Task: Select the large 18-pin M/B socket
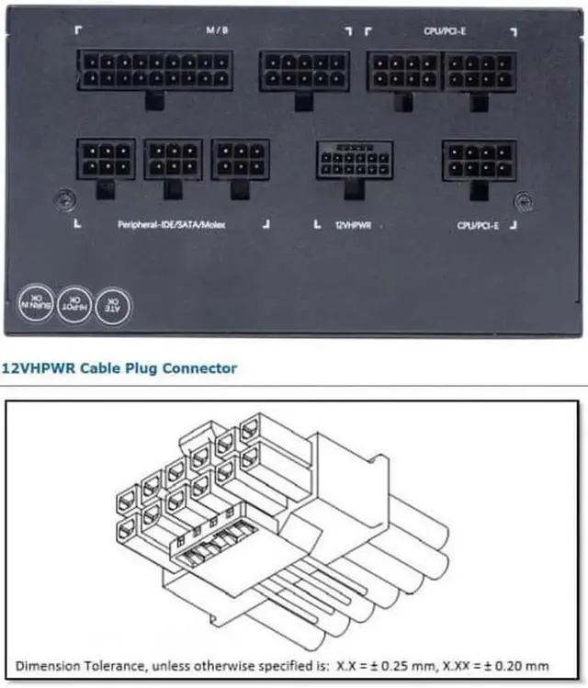coord(154,70)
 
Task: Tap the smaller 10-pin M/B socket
coord(291,71)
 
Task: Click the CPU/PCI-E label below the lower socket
coord(476,223)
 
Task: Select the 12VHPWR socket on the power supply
coord(354,160)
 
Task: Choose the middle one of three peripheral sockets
coord(173,159)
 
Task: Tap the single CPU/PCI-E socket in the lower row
coord(478,159)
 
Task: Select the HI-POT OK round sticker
coord(75,301)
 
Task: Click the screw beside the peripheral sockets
coord(63,197)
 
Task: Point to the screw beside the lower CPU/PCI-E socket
coord(523,198)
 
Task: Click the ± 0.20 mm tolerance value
coord(521,664)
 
